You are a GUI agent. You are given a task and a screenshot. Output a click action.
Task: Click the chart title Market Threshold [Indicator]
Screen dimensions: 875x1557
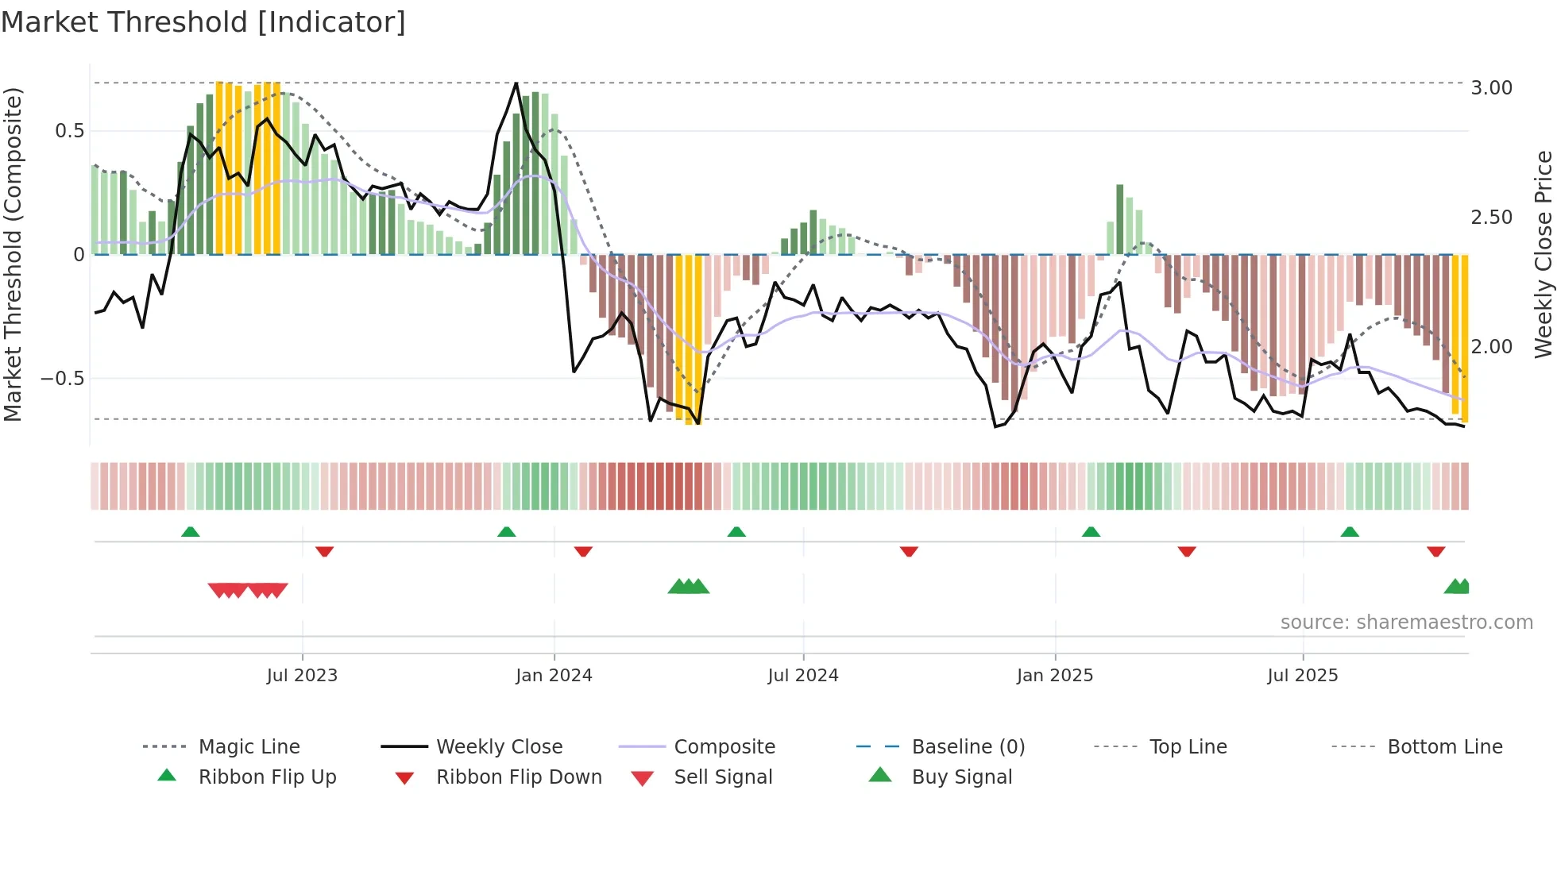(x=203, y=22)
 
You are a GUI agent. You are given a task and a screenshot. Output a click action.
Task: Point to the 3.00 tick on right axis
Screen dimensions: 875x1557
(x=1491, y=88)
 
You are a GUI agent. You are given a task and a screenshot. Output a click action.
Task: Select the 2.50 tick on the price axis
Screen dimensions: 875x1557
(x=1491, y=218)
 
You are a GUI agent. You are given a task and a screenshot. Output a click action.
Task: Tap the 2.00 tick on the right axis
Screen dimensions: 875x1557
(x=1491, y=347)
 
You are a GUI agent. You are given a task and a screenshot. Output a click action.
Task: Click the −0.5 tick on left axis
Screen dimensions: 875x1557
(x=63, y=379)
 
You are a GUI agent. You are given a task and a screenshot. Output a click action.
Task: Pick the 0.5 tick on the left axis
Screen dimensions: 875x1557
(x=69, y=131)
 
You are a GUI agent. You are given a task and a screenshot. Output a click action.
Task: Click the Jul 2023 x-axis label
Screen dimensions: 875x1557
(x=302, y=676)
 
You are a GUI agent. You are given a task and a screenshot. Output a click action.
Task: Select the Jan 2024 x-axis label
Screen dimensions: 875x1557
(x=554, y=676)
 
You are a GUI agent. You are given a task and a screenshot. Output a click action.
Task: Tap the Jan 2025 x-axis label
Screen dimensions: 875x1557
(x=1055, y=676)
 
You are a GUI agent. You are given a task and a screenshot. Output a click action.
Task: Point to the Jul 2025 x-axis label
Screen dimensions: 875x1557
(x=1303, y=676)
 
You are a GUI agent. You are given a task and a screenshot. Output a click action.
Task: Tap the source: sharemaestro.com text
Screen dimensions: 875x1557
(x=1406, y=623)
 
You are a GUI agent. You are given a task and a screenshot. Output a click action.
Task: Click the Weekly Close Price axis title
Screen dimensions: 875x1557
(x=1543, y=254)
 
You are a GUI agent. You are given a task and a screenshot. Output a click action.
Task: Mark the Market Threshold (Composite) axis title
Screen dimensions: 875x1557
(x=13, y=254)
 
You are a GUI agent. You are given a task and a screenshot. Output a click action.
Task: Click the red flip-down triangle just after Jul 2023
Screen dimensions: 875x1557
(x=324, y=551)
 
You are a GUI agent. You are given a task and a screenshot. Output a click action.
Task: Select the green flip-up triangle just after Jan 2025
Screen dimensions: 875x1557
(x=1091, y=532)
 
